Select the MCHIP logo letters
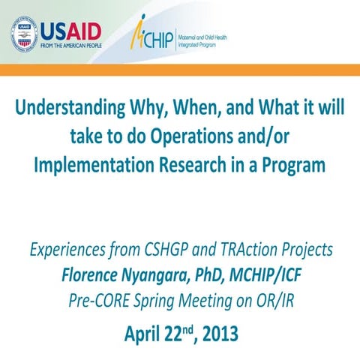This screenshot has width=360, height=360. [157, 35]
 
